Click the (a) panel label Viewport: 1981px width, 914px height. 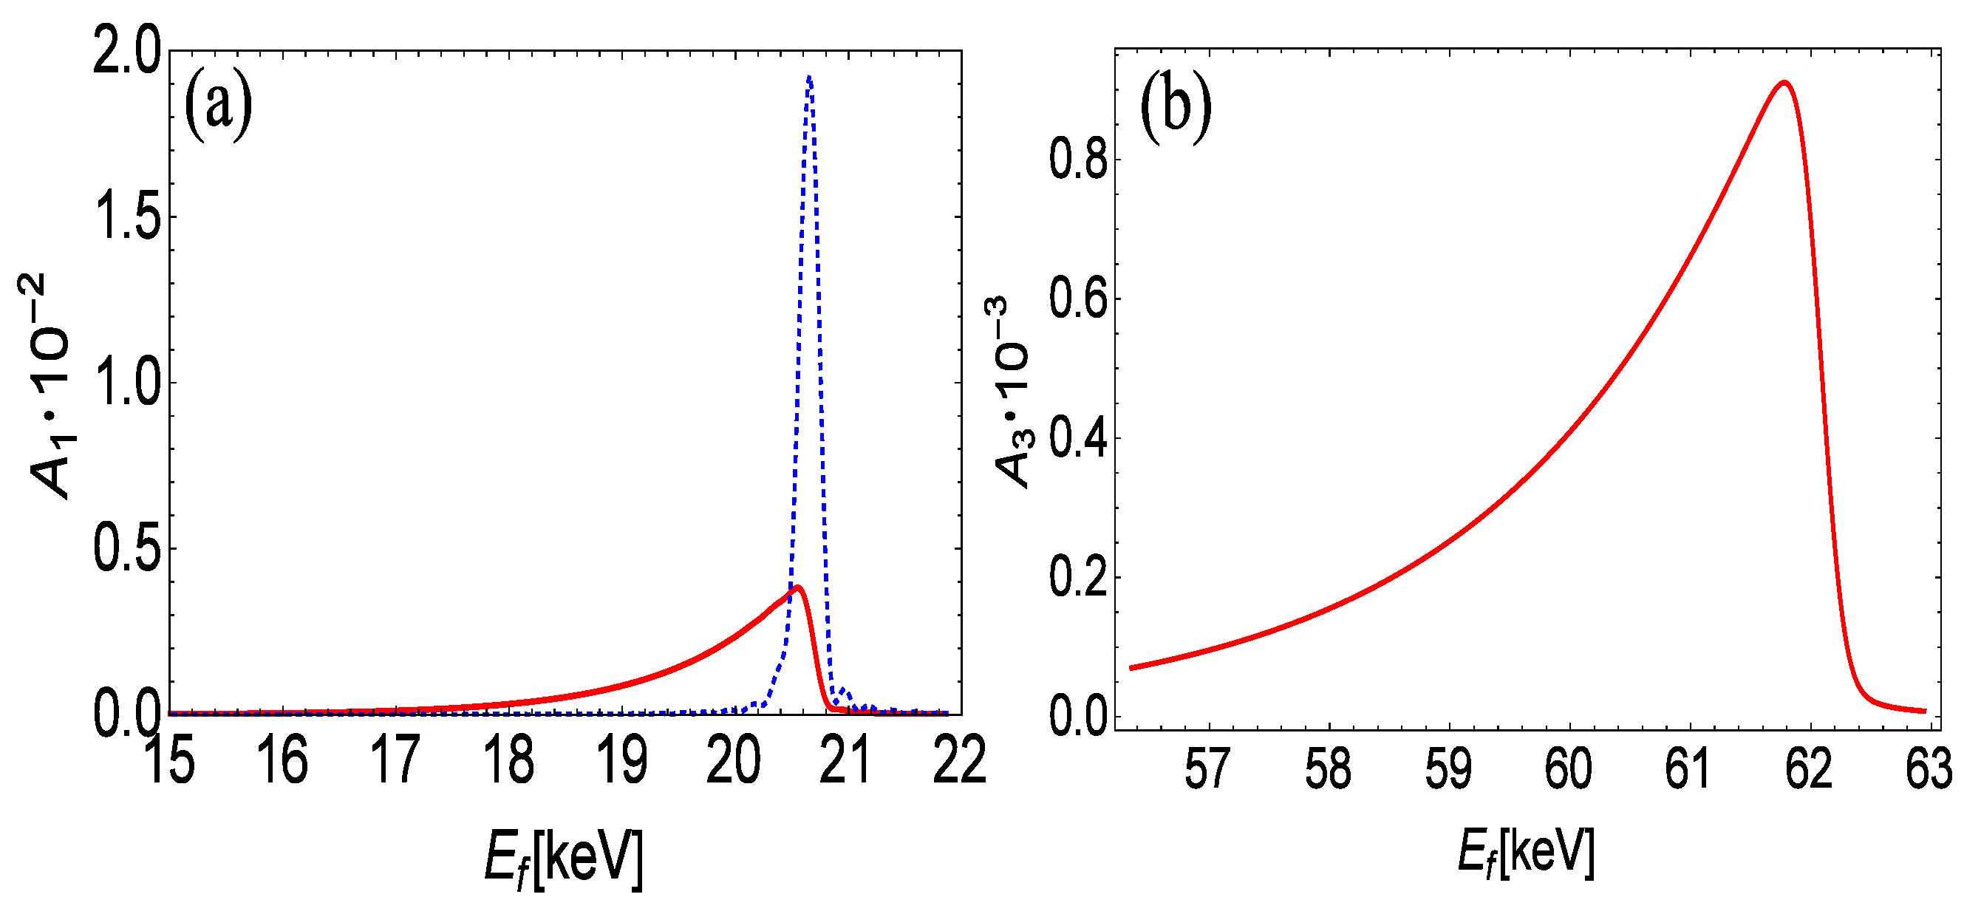tap(219, 106)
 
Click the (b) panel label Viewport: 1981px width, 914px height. tap(1175, 106)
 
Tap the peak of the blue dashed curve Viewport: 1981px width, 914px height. tap(809, 77)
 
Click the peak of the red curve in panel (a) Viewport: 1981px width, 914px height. tap(798, 588)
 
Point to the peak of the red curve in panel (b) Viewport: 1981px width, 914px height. tap(1784, 82)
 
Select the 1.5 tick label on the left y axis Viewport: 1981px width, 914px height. tap(127, 217)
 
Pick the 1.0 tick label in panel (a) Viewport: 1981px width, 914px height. tap(127, 383)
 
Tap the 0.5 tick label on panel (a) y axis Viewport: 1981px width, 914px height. tap(127, 549)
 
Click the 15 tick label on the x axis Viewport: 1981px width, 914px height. tap(169, 760)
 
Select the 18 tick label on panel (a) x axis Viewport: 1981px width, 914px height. tap(508, 760)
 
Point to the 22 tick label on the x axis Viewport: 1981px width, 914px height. tap(959, 760)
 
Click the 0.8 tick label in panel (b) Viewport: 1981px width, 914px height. tap(1078, 160)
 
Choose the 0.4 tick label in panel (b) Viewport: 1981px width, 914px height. tap(1078, 439)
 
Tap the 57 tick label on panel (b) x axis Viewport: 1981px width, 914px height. tap(1208, 768)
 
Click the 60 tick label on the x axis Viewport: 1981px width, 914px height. tap(1568, 768)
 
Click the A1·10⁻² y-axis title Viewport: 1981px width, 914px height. tap(48, 384)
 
